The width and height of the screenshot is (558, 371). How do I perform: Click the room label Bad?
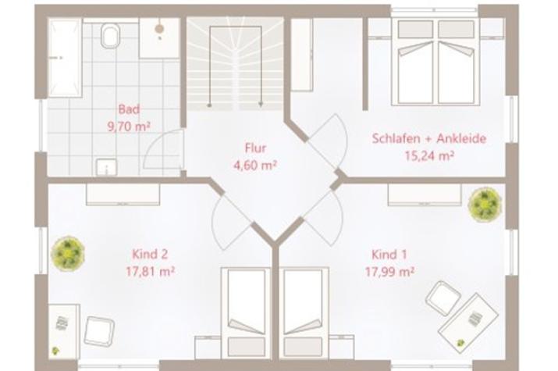point(129,109)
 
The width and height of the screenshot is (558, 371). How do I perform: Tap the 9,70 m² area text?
point(129,127)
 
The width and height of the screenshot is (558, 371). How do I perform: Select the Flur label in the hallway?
point(255,148)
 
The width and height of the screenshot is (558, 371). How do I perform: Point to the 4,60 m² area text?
point(255,166)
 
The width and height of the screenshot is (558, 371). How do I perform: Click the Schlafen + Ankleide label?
point(429,138)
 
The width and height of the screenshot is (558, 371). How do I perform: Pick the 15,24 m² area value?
point(429,155)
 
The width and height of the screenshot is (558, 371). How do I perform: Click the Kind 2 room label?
point(150,254)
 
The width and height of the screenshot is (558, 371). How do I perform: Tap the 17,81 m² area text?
point(150,272)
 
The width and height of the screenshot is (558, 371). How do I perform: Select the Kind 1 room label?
point(389,255)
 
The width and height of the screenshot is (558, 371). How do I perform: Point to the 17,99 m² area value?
point(389,272)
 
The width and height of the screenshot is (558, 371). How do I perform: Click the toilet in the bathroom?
point(111,35)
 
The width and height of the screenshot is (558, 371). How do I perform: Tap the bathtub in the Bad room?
point(65,58)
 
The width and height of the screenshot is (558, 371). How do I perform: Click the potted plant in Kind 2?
point(68,253)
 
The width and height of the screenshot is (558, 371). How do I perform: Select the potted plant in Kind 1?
point(485,205)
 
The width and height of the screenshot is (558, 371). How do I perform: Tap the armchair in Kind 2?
point(99,330)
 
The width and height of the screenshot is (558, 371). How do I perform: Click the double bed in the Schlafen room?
point(436,62)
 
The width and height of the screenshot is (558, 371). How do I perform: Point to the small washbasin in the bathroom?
point(107,167)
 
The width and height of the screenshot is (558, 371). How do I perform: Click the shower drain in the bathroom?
point(159,28)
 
